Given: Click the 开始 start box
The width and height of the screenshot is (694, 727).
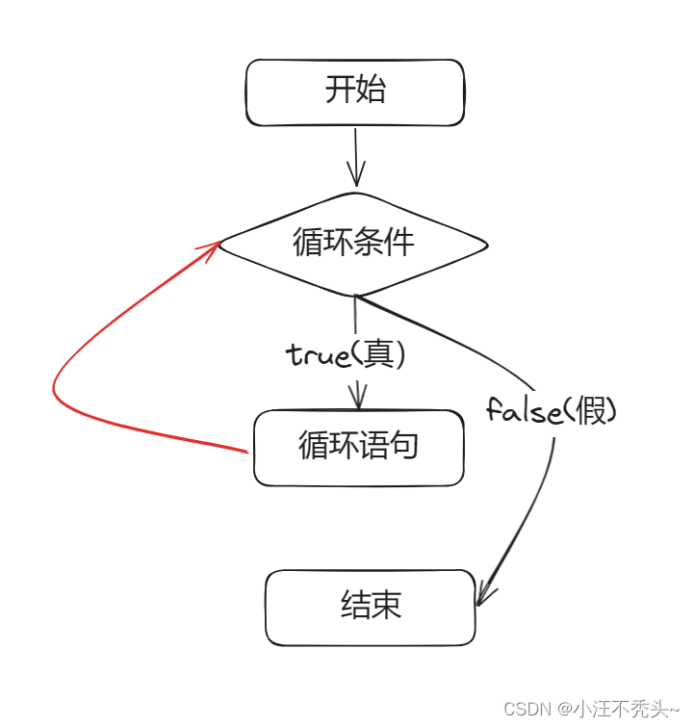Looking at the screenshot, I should point(354,92).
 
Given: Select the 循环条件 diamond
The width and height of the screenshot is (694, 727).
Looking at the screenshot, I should point(354,243).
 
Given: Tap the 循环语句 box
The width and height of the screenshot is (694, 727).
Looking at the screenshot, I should point(358,447).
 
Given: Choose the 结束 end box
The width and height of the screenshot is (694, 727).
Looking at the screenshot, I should point(371,607).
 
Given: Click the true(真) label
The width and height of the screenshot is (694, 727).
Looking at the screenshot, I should point(347,355).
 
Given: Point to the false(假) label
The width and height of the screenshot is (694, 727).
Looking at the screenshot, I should point(551,412).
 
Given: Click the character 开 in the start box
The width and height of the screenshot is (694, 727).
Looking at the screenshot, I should point(340,91).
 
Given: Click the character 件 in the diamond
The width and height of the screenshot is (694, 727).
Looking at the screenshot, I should point(399,242).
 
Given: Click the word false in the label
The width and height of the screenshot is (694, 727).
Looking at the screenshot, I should point(524,412).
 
